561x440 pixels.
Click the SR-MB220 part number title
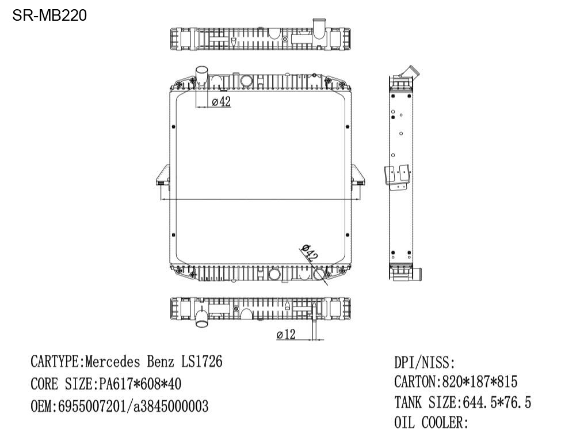click(49, 16)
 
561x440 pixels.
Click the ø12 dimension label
click(286, 334)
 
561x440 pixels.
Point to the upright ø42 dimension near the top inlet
click(222, 102)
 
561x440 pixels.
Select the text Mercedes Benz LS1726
click(154, 362)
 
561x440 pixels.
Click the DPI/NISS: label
click(425, 363)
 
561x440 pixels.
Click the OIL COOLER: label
click(431, 423)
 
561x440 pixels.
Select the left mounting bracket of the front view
click(162, 176)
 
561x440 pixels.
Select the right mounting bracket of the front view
click(357, 176)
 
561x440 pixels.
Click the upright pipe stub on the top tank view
click(318, 27)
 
